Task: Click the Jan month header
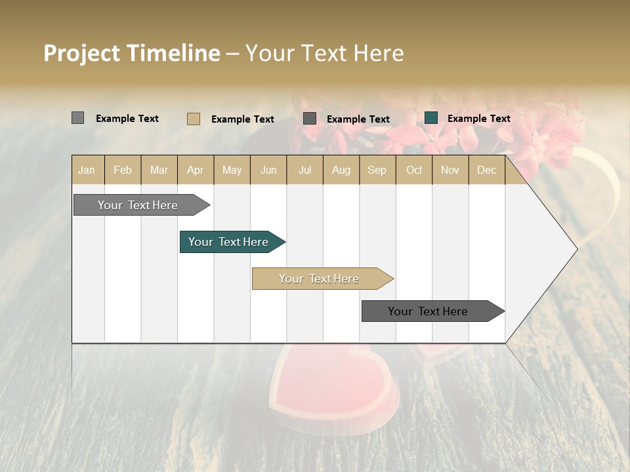point(87,170)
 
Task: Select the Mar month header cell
point(159,170)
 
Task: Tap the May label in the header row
point(232,170)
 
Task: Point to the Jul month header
point(304,170)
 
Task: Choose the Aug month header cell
point(341,170)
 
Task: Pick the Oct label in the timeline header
point(413,170)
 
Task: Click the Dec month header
point(486,170)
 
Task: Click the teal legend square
point(431,118)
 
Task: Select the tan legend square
point(194,119)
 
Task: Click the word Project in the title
point(82,53)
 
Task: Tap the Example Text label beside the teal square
point(478,119)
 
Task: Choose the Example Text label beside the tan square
point(242,119)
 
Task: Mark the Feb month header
point(123,170)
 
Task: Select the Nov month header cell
point(450,170)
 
